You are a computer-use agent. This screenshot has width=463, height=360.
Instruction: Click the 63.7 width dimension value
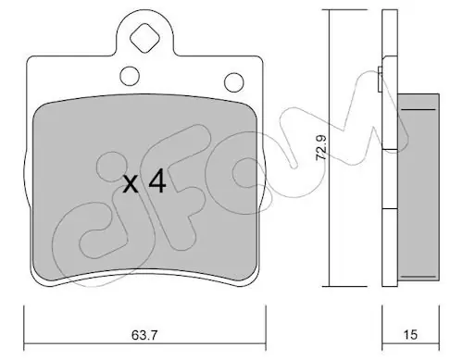pos(144,334)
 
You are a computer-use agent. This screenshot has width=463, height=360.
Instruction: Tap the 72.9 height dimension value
pos(321,147)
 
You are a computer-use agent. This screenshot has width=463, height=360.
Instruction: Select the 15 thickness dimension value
pos(410,334)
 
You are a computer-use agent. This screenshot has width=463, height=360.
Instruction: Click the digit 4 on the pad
pos(157,182)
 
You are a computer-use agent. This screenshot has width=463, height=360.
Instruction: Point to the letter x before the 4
pos(131,185)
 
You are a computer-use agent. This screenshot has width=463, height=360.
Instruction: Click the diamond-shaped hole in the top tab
pos(144,39)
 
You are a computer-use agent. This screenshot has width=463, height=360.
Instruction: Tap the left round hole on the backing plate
pos(130,76)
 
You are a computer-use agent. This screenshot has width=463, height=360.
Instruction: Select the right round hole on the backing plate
pos(233,82)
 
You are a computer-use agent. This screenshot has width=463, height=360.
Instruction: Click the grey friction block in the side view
pos(418,187)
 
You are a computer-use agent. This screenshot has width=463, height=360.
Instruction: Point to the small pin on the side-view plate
pos(381,79)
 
